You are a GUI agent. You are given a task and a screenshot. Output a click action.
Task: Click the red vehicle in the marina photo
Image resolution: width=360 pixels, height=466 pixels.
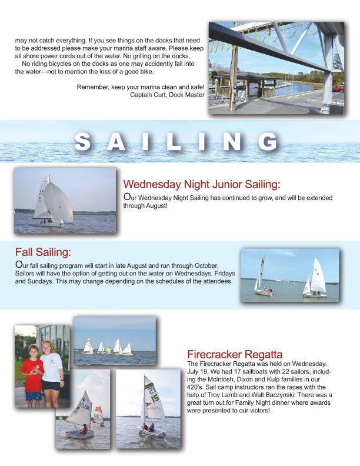pos(338,88)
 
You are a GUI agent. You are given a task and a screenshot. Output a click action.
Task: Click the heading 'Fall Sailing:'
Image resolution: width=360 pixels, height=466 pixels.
pos(43,252)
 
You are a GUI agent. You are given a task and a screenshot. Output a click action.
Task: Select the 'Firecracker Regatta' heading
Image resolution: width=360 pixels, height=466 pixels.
pos(226,354)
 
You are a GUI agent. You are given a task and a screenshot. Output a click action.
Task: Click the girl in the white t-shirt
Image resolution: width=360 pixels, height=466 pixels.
pos(51,368)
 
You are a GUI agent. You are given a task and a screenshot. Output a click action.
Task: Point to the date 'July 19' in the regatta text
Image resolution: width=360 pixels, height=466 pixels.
pos(199,372)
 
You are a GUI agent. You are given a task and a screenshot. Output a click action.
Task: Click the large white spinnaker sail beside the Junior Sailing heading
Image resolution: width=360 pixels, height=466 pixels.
pos(59,202)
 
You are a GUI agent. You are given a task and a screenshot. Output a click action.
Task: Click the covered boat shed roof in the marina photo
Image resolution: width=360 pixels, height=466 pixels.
pos(238,75)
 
